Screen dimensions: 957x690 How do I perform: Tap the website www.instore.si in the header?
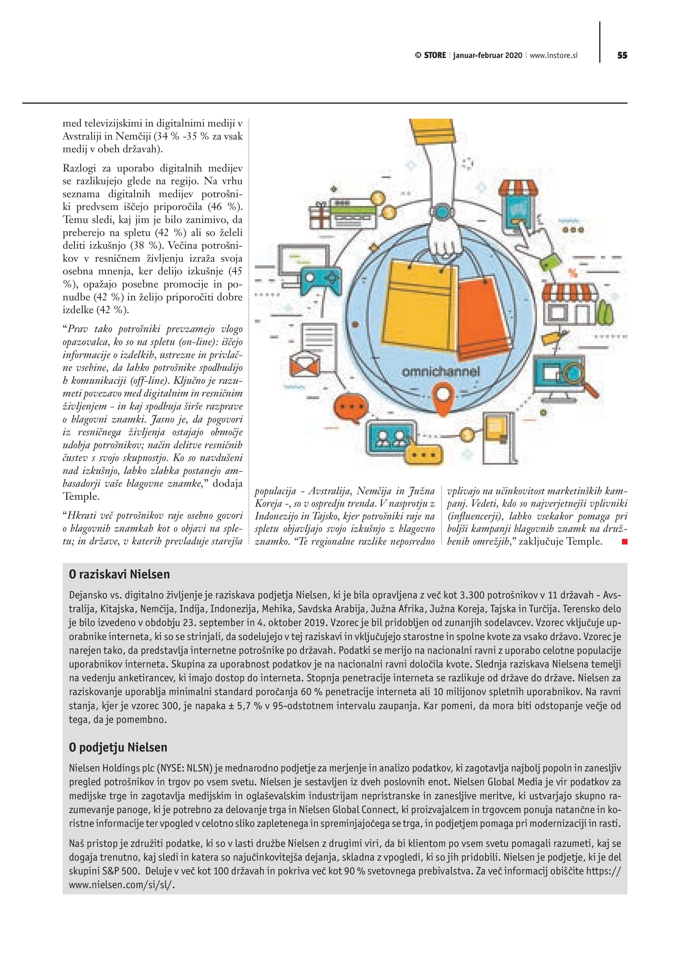(553, 55)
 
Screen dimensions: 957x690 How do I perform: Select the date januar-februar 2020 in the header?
(488, 55)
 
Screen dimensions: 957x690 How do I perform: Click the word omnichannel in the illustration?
(441, 372)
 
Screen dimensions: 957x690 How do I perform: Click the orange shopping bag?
(483, 316)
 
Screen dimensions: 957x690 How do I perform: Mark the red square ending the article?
(625, 542)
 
